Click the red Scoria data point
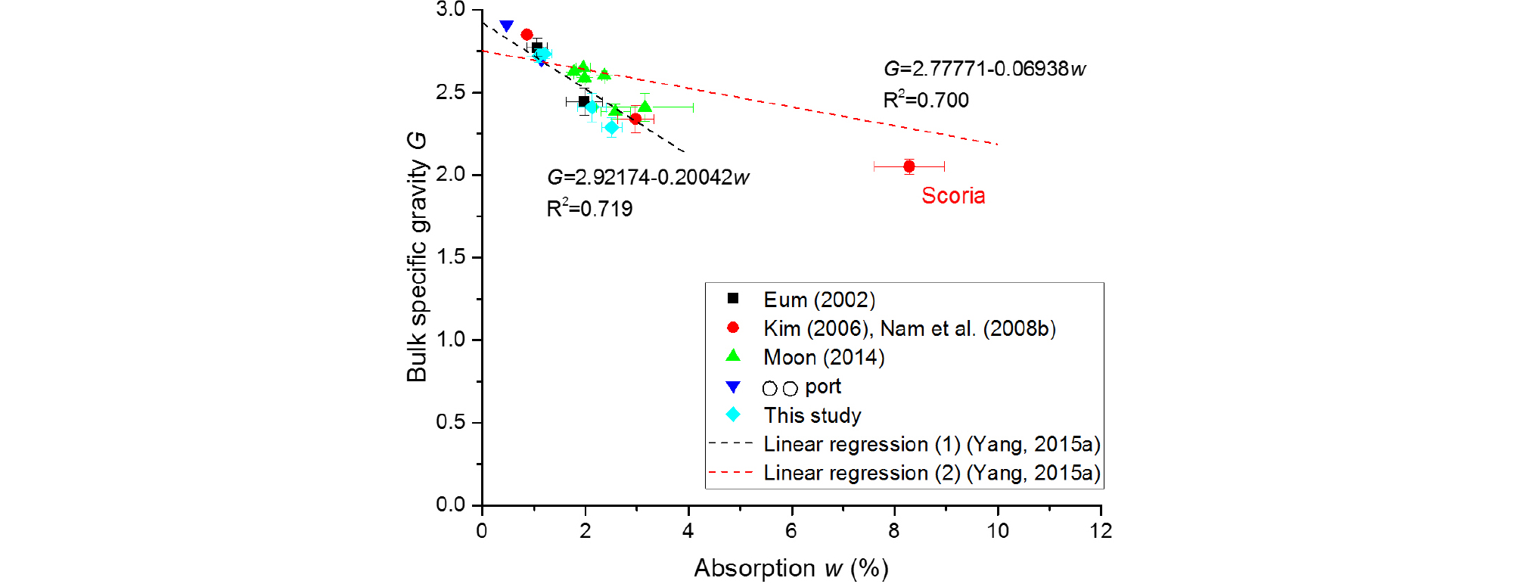[909, 166]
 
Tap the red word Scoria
[953, 196]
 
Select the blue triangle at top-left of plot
[507, 26]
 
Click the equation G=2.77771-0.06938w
[984, 69]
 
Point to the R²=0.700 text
[926, 100]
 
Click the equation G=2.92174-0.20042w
[648, 178]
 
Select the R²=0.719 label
[589, 209]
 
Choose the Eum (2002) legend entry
[819, 300]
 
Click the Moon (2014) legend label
[824, 357]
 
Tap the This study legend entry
[812, 415]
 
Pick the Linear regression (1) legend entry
[931, 444]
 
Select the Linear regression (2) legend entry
[931, 473]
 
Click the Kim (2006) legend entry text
[909, 328]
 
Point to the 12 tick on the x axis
[1101, 531]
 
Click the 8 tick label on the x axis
[894, 531]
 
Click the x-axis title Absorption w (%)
[791, 568]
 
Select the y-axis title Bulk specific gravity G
[417, 257]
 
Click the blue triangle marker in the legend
[733, 387]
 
